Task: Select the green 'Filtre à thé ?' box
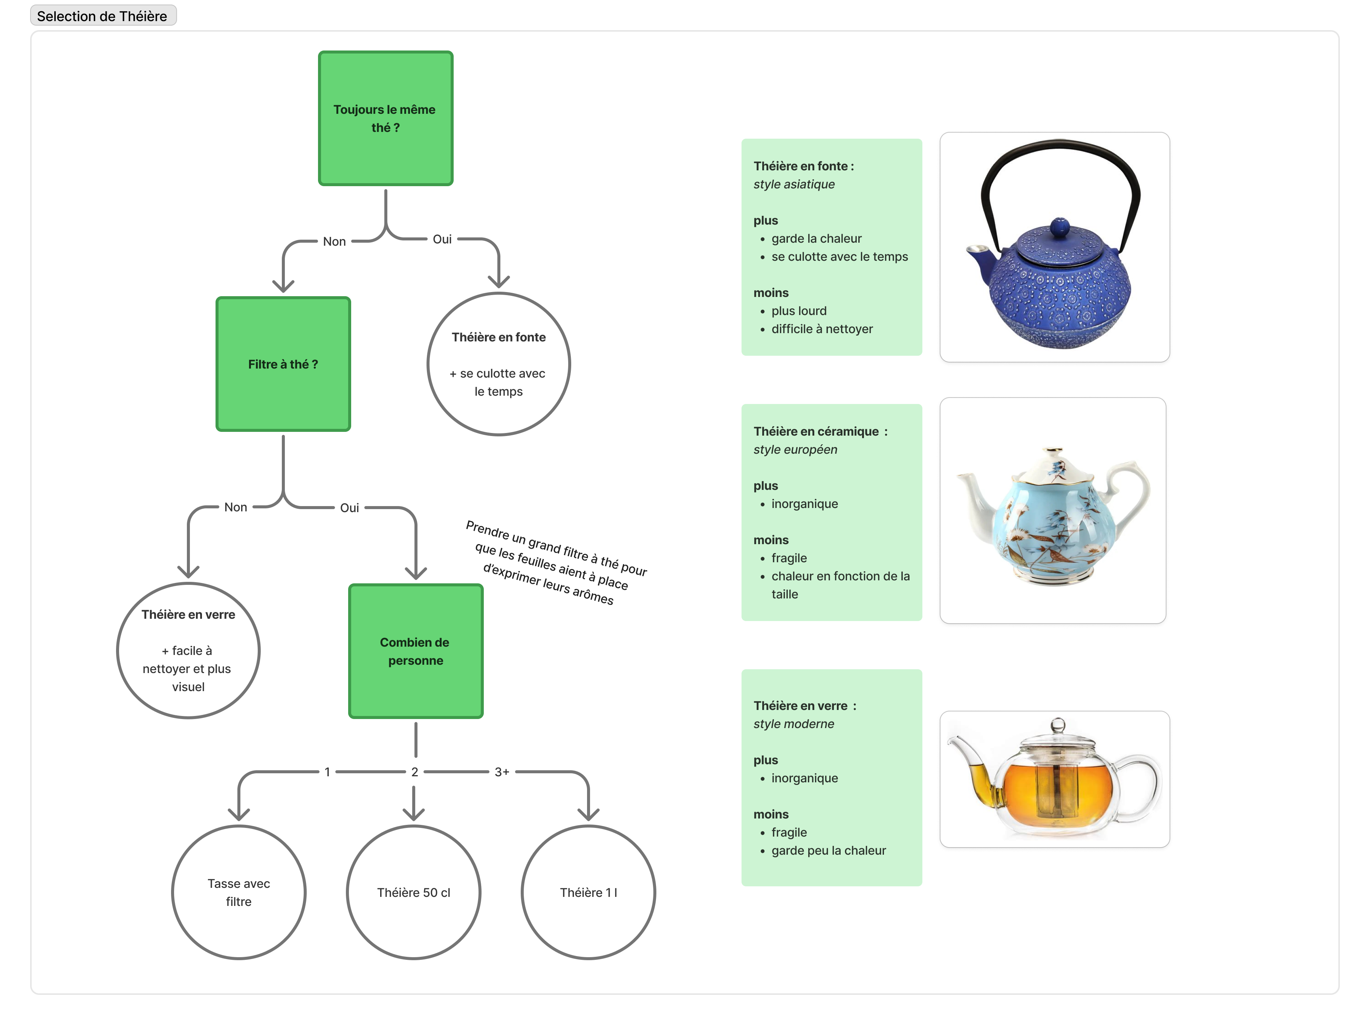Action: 283,364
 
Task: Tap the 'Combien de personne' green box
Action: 416,651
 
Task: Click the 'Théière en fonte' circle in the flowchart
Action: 498,364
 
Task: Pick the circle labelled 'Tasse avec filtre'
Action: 239,892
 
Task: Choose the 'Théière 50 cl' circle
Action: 414,892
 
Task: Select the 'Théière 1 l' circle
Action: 589,892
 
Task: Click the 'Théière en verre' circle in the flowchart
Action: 188,650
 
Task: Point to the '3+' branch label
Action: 502,772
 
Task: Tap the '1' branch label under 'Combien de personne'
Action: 327,772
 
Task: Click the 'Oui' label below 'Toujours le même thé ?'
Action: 442,239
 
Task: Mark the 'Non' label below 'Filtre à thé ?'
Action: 235,507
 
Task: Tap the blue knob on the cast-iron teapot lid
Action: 1059,226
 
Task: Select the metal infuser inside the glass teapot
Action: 1058,786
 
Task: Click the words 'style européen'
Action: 795,450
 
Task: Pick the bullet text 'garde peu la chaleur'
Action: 829,851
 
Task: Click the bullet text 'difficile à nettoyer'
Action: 822,329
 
